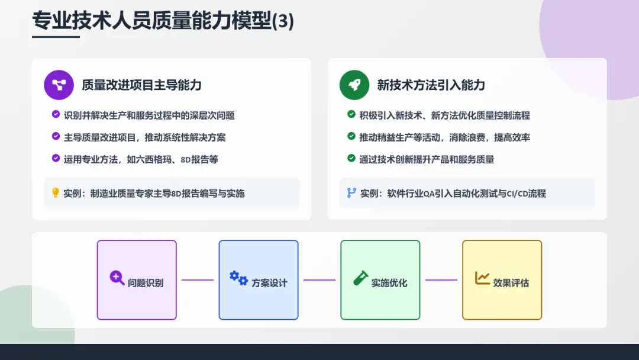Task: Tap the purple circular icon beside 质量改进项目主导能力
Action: click(59, 85)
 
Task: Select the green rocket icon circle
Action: click(354, 85)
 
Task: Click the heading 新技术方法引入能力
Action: click(431, 85)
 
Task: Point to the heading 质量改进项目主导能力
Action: click(141, 85)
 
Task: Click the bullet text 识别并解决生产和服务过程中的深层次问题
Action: click(149, 115)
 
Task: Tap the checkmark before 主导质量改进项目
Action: click(56, 137)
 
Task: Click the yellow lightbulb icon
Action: click(56, 192)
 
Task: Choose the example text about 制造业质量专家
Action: click(154, 193)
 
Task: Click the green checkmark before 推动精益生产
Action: click(351, 137)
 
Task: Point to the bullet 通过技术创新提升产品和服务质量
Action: click(426, 159)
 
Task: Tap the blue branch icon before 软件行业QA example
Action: click(351, 192)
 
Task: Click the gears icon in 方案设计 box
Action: click(238, 278)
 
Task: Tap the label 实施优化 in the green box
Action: click(389, 283)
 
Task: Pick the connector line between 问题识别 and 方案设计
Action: click(198, 280)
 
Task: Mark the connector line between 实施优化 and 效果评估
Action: click(441, 280)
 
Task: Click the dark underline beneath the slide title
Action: click(56, 37)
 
